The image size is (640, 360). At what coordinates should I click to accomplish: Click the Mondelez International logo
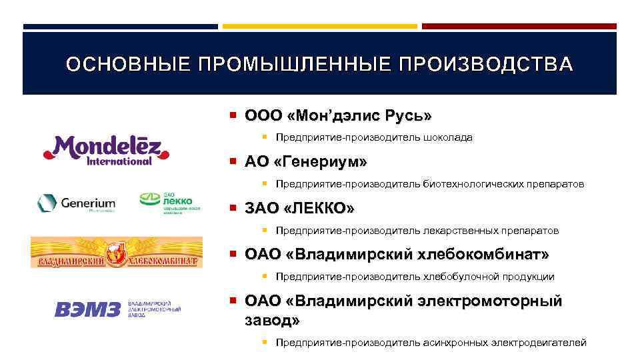106,149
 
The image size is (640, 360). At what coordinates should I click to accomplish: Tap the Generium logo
76,203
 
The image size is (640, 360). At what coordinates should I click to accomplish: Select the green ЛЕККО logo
166,201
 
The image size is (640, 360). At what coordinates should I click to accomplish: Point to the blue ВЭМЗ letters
88,309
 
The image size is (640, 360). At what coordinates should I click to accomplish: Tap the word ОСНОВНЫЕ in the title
127,64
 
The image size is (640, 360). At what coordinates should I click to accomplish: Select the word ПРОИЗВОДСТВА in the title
485,64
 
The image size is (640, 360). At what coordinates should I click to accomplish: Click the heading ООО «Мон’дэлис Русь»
338,116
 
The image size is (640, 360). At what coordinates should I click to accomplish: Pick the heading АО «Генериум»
306,163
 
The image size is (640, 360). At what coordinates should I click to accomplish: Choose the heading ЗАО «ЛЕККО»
299,209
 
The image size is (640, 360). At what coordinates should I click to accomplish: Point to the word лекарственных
463,231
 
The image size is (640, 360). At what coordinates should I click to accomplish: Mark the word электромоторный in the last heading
490,301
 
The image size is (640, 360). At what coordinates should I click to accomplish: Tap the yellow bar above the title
320,27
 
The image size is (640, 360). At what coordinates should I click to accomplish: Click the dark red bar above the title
519,27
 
